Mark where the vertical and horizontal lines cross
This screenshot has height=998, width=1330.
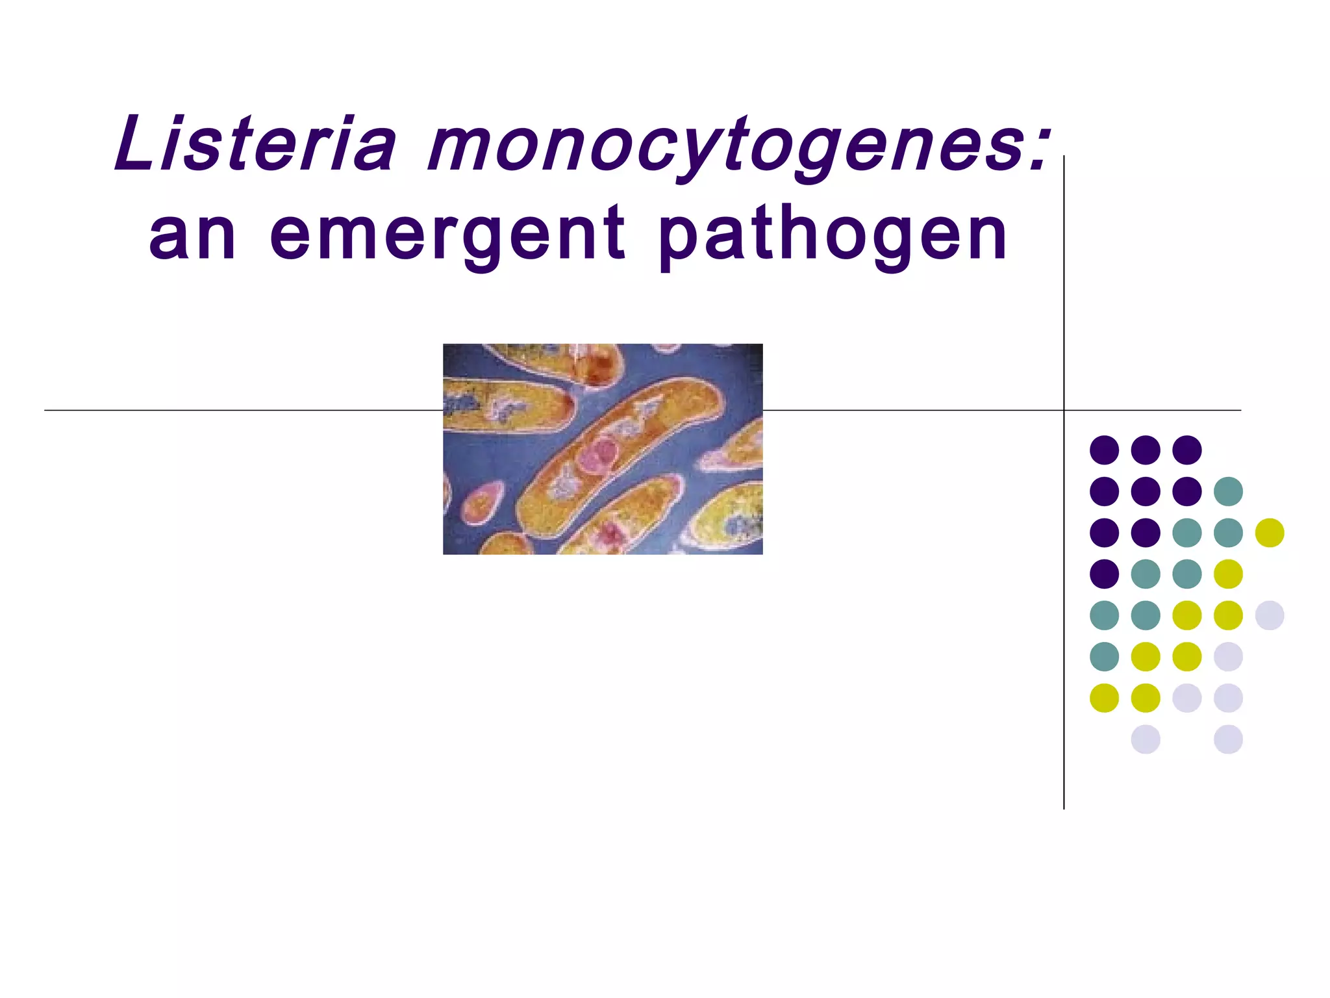1064,410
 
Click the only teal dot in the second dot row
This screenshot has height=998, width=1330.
1228,491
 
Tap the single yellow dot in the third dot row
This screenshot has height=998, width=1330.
1270,533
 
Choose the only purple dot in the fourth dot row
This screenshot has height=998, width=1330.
1104,574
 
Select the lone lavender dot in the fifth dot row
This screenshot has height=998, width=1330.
1270,615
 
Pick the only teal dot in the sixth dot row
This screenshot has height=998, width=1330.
1104,656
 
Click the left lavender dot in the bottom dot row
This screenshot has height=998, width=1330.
1146,739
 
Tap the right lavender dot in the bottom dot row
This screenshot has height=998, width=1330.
1228,739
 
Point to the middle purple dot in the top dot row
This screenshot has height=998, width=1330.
1146,450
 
